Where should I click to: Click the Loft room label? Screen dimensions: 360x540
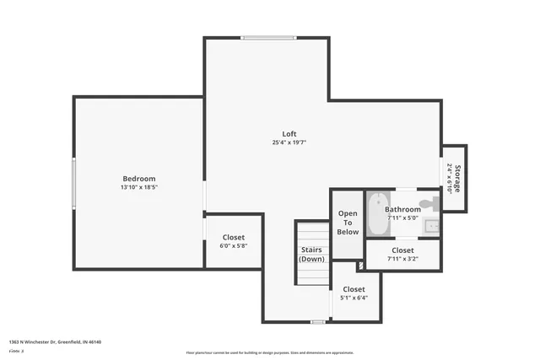289,134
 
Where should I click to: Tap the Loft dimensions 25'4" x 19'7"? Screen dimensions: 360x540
289,143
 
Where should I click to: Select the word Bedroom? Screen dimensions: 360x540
139,178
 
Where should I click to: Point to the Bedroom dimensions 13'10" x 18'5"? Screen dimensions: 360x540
139,187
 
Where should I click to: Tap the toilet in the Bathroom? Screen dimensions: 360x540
429,204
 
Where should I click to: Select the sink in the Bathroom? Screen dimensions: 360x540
431,225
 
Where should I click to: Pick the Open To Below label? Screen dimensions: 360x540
348,223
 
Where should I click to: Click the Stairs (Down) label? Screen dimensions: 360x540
311,254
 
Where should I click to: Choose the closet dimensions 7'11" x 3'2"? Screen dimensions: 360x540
402,259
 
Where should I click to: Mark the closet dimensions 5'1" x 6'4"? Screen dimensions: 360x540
354,298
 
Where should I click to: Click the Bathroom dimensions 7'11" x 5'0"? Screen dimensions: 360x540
402,218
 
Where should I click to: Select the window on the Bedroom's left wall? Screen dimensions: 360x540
74,183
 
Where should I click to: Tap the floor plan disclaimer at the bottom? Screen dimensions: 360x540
270,352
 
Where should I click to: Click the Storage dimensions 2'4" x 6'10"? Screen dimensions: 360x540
449,178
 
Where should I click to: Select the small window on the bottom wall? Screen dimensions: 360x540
317,321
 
